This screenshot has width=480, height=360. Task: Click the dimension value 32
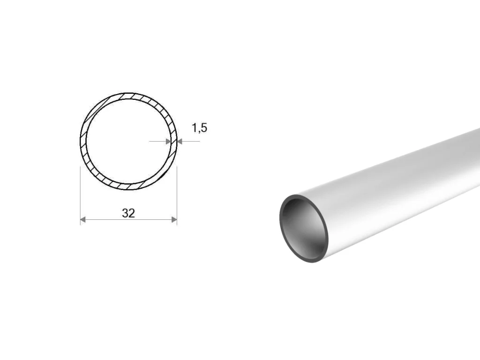pos(128,213)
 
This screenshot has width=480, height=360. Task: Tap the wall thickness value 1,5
pos(199,127)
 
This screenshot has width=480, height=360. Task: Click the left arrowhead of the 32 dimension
pos(82,219)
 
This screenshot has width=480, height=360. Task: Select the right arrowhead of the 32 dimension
pos(174,219)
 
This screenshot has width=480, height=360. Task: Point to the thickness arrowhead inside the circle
pos(168,142)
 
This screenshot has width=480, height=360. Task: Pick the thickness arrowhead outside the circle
pos(180,142)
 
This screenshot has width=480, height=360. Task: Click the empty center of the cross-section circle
pos(128,141)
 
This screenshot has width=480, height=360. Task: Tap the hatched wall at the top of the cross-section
pos(128,96)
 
